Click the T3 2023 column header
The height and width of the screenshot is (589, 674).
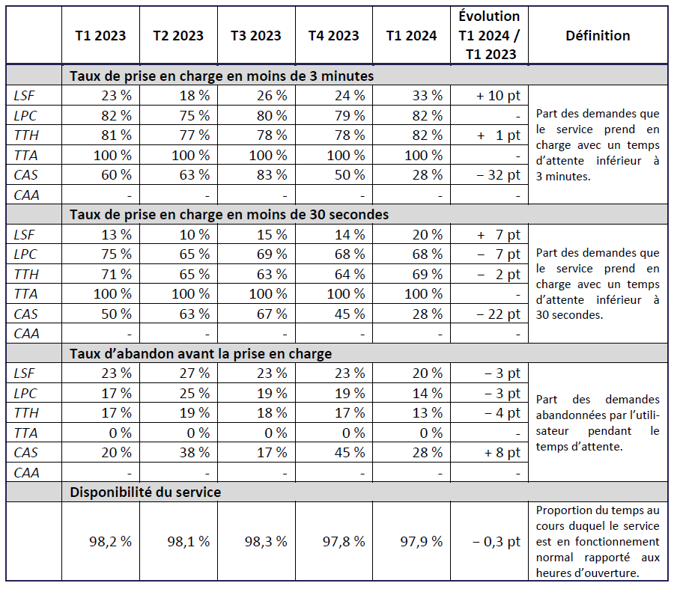click(256, 35)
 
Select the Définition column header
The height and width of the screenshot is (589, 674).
click(598, 35)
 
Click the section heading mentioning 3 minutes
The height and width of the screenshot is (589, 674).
click(222, 76)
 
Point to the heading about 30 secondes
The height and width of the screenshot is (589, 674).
click(229, 214)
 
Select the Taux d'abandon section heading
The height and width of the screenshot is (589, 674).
click(201, 353)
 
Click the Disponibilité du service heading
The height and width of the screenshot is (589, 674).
click(145, 492)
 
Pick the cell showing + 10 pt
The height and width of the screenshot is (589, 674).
click(498, 95)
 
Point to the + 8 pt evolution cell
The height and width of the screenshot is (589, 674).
click(498, 452)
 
